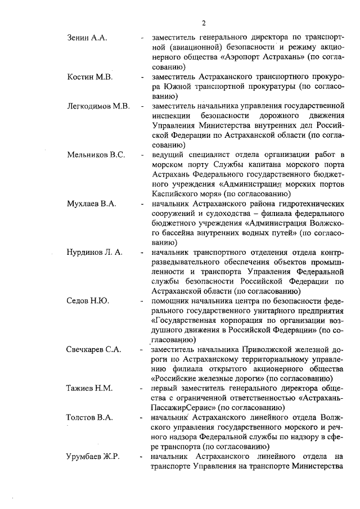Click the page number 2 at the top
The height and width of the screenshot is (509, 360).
204,23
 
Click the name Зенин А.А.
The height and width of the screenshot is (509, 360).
87,38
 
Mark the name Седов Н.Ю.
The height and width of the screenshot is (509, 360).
87,301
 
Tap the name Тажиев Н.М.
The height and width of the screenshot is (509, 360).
89,388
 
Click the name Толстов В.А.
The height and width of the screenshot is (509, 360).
90,417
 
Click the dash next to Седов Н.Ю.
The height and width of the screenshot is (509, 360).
142,301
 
